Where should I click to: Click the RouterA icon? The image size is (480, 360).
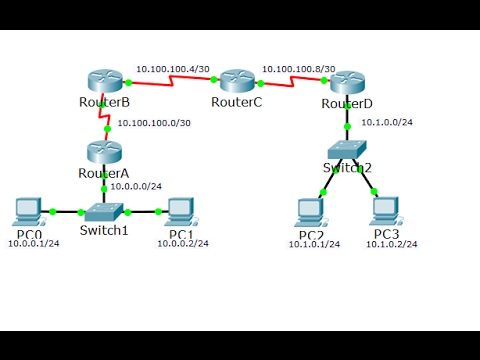point(102,153)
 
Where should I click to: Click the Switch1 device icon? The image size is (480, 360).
point(104,211)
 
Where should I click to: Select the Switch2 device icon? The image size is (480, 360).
point(347,149)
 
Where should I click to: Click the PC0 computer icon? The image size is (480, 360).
point(29,212)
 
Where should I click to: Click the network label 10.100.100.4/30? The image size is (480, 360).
point(171,69)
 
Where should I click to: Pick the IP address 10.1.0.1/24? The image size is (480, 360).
point(314,244)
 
